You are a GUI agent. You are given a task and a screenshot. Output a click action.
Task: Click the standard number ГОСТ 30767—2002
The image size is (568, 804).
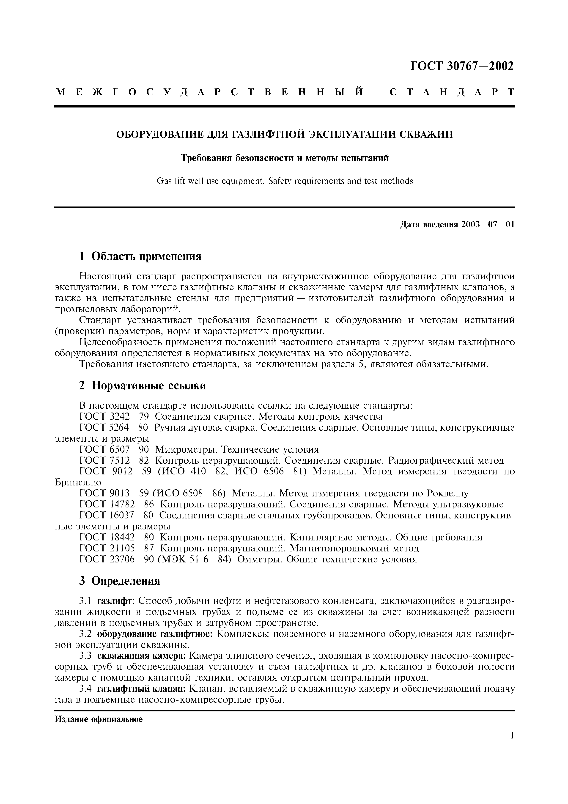tap(462, 66)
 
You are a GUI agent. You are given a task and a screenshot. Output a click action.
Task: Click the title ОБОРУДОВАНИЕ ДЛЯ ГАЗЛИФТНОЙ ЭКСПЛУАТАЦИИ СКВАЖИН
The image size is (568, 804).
tap(284, 134)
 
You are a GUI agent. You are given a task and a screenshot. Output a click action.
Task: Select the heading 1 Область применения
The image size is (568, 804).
tap(140, 256)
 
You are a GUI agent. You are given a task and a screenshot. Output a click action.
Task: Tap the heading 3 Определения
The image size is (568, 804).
tap(120, 581)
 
